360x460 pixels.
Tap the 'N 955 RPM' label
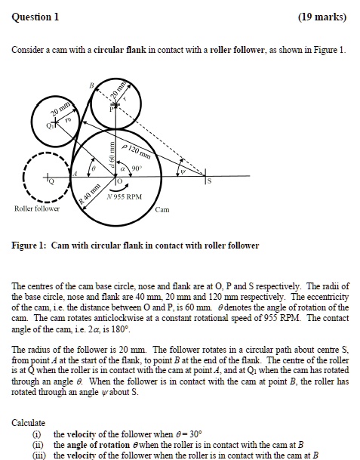[125, 196]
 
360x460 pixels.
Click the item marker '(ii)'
[35, 444]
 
